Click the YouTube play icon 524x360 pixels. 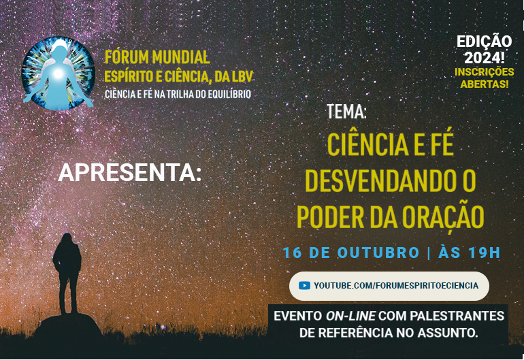(x=304, y=285)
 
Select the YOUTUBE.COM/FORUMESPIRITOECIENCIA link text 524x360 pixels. (x=396, y=285)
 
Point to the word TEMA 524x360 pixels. (x=346, y=112)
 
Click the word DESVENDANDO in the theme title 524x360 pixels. (x=380, y=181)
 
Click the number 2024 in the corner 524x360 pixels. (x=482, y=56)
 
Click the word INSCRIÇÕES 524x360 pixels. (x=485, y=71)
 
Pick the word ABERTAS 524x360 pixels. (x=482, y=84)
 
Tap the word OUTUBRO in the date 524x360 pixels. (x=378, y=252)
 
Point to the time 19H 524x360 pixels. (x=484, y=252)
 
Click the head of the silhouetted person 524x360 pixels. (x=67, y=239)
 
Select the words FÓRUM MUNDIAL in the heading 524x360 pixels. (x=157, y=57)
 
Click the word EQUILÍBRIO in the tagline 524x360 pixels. (x=224, y=93)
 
